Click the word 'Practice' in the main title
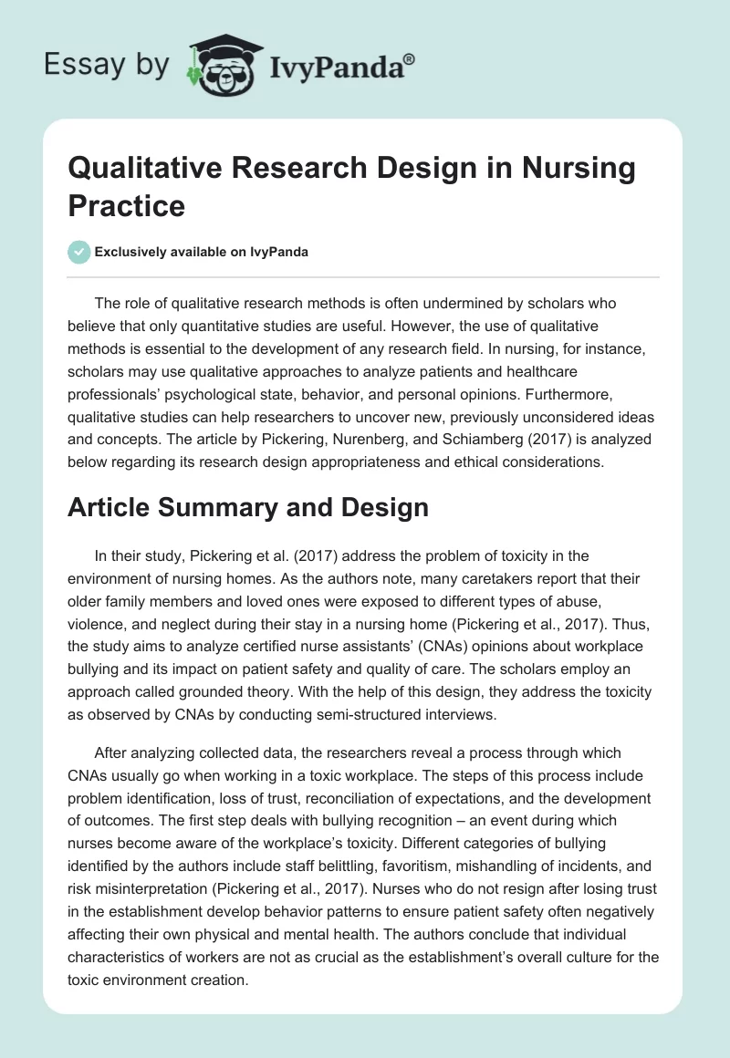[x=127, y=205]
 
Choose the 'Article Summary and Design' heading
[x=248, y=507]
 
